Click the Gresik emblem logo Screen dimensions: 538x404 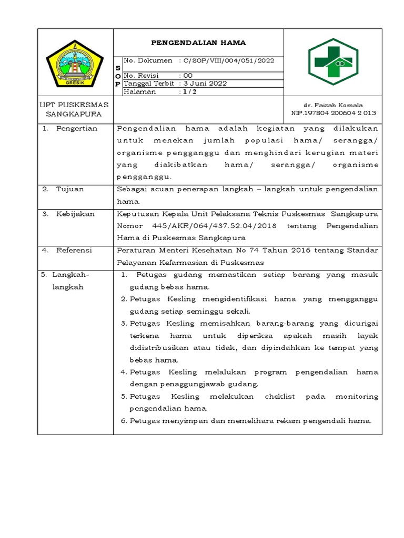tap(76, 64)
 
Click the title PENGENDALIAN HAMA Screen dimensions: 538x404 tap(198, 43)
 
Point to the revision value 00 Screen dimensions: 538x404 tap(188, 76)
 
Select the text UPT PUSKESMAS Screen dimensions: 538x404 tap(74, 105)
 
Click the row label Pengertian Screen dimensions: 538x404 tap(77, 129)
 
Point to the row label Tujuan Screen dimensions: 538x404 tap(70, 189)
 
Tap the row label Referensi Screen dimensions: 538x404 tap(74, 251)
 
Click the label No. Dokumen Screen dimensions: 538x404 tap(148, 60)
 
